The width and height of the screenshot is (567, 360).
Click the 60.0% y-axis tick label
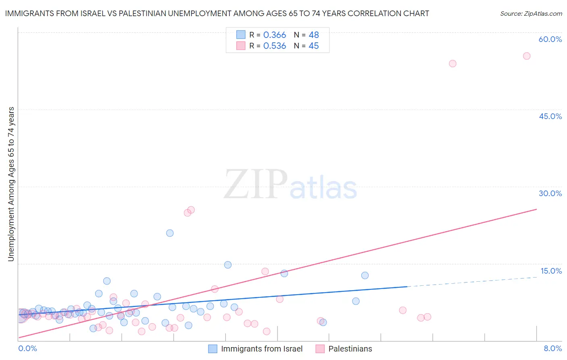[550, 39]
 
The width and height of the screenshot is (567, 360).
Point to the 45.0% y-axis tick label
[550, 116]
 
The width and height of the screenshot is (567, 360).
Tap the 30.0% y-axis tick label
[550, 193]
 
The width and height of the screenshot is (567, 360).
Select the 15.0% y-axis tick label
[551, 271]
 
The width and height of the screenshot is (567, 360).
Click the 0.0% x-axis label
[27, 348]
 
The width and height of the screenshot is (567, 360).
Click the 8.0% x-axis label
[552, 348]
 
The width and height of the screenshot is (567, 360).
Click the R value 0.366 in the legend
[274, 35]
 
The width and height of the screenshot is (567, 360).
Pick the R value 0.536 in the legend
[274, 46]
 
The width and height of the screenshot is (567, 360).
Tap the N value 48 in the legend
[313, 35]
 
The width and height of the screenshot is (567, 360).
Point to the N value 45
[313, 46]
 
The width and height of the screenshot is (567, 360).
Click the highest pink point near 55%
[526, 56]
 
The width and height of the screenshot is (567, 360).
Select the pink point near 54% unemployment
[452, 63]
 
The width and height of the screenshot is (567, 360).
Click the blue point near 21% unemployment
[170, 233]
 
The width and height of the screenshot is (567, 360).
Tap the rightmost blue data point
[365, 275]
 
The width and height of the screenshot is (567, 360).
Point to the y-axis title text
[11, 184]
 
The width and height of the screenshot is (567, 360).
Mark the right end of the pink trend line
[536, 209]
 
